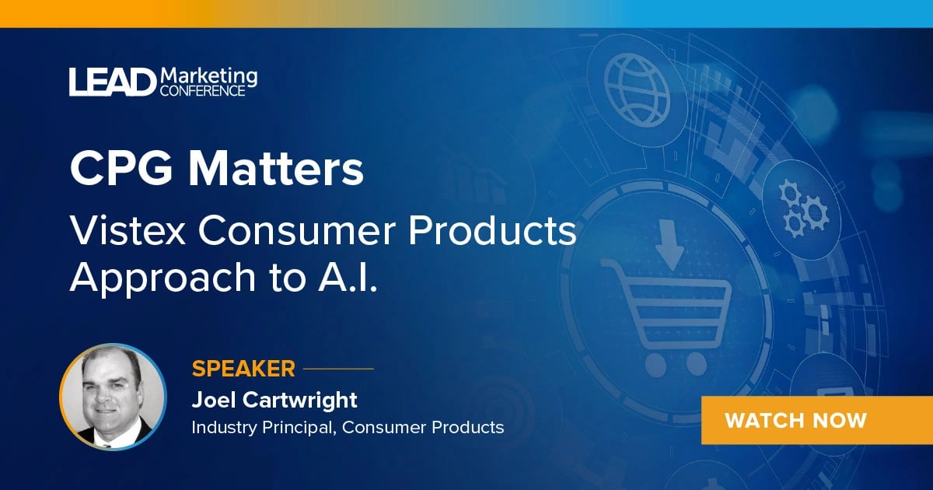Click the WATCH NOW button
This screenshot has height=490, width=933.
795,421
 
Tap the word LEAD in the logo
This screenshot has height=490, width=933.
112,82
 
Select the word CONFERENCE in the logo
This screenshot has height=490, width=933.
202,90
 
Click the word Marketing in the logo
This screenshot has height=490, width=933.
208,75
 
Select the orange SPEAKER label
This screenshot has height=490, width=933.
243,368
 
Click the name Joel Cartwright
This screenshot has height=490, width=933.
274,400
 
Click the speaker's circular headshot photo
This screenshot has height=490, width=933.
113,397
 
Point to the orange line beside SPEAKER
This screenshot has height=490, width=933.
339,369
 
